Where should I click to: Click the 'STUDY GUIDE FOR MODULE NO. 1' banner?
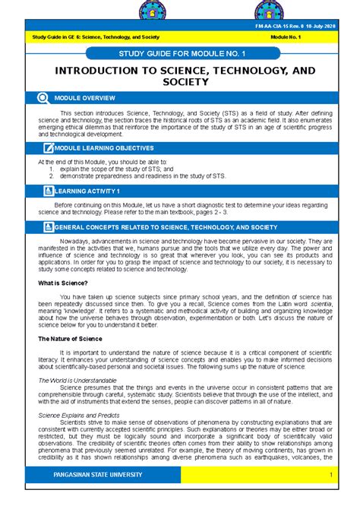point(180,55)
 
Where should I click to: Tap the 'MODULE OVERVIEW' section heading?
point(84,99)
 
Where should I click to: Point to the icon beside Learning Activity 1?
point(49,192)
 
